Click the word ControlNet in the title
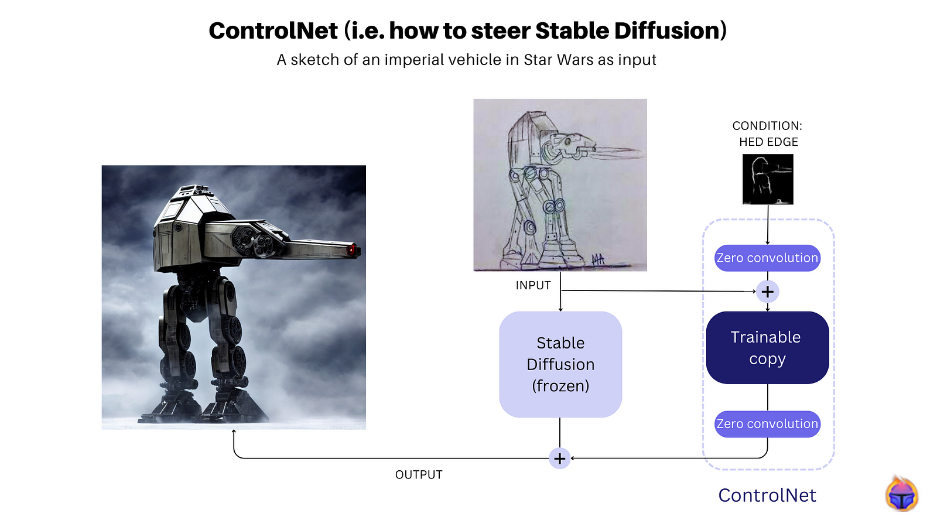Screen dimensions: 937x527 click(273, 31)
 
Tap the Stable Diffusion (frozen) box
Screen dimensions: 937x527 click(560, 364)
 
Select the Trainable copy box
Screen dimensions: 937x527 click(768, 348)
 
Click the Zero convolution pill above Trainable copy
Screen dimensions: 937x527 click(768, 258)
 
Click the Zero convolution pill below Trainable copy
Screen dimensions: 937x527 click(768, 424)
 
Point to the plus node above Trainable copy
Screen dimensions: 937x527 click(768, 292)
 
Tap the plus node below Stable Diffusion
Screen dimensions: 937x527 click(560, 459)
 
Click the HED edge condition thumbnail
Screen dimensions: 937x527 click(768, 179)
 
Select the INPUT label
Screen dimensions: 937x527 click(534, 286)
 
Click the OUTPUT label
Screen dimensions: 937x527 click(419, 475)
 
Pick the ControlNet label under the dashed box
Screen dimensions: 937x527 click(767, 495)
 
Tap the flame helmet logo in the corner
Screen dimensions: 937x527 click(902, 494)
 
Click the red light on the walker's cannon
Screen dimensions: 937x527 click(351, 250)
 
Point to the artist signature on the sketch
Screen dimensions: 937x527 click(598, 260)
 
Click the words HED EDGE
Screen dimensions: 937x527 click(769, 142)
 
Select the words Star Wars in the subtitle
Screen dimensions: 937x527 click(559, 60)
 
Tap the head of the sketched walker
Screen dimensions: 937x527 click(569, 145)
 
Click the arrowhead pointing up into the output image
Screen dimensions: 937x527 click(234, 432)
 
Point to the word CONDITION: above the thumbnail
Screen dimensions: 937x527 click(768, 126)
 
